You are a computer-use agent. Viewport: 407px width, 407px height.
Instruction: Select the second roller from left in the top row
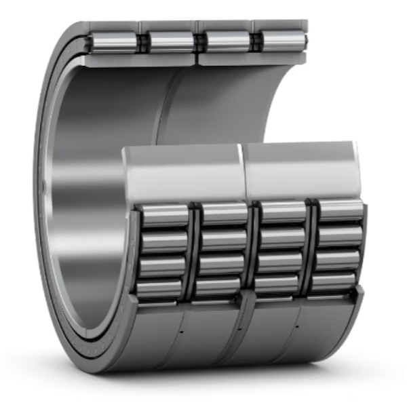[171, 41]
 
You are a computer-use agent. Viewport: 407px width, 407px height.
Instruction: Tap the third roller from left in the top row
[226, 41]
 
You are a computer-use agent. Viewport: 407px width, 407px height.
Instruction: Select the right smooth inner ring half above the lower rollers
[298, 168]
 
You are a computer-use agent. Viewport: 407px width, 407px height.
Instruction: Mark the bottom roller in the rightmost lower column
[334, 280]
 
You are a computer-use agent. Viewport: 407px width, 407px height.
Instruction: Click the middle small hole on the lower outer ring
[239, 330]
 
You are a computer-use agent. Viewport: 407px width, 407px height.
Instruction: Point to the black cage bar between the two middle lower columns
[252, 251]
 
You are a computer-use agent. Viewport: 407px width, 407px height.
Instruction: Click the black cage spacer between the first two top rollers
[143, 42]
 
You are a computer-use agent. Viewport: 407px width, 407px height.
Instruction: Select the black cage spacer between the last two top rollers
[255, 41]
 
